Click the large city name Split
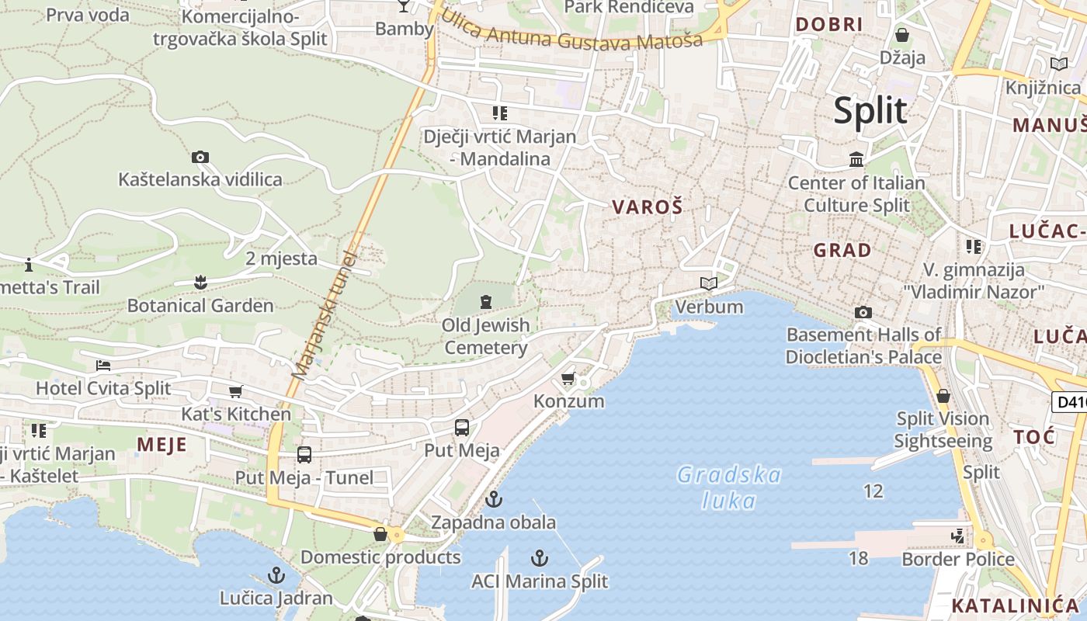[870, 111]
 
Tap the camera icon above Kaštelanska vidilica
[200, 158]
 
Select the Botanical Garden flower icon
[200, 281]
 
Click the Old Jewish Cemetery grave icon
[486, 301]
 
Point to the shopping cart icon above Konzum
[568, 379]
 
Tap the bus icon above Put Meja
[462, 428]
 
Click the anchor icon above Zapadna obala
[493, 498]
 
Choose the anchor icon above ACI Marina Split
[539, 558]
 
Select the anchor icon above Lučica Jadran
[276, 575]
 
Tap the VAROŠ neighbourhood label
[648, 207]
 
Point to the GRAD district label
[842, 251]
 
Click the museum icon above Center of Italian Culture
[856, 160]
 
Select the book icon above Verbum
[708, 283]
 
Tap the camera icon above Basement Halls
[863, 312]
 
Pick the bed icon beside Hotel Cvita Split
[103, 366]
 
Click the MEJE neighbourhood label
[161, 444]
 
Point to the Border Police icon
[958, 536]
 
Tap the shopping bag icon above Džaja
[902, 35]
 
